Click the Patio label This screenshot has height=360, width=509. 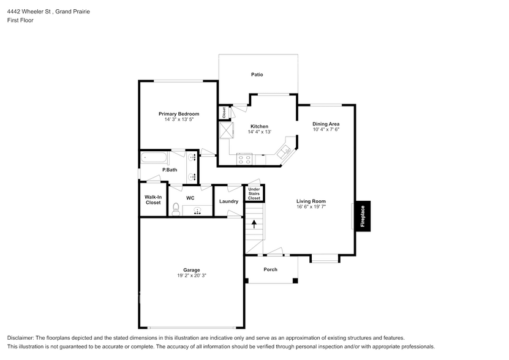(257, 75)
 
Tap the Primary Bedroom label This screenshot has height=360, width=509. (179, 114)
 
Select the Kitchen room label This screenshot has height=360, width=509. (259, 127)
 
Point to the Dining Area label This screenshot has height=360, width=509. (326, 124)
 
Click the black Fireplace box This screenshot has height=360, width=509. (362, 216)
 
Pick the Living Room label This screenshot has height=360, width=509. (311, 201)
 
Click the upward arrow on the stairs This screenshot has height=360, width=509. (254, 224)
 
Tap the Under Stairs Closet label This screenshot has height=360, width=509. (254, 193)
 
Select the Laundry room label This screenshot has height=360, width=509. (228, 201)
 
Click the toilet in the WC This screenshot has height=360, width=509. (176, 208)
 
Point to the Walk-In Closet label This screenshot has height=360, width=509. (153, 200)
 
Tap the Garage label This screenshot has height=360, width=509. (191, 270)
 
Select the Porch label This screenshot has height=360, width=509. (270, 269)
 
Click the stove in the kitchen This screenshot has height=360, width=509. (245, 159)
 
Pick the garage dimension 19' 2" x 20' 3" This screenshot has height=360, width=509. (192, 276)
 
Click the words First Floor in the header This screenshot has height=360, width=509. (20, 20)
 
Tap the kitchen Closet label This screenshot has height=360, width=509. (224, 113)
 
